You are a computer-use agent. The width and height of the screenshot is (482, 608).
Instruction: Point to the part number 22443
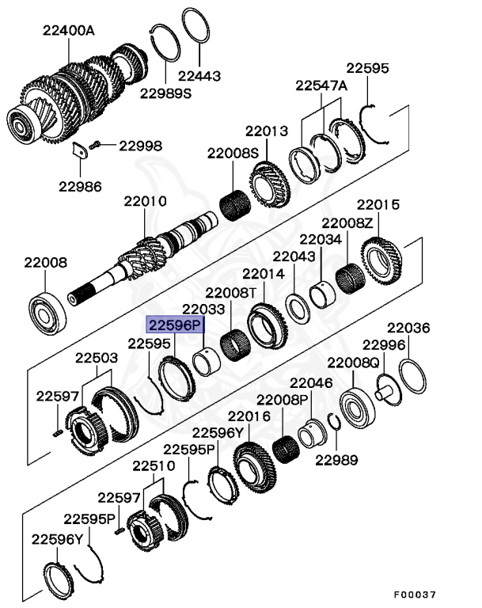[199, 76]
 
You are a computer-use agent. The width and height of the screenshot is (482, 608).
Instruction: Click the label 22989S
[166, 93]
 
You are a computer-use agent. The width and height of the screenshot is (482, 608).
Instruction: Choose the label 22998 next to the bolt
[140, 146]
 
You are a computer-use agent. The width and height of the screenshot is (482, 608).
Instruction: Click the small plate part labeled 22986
[79, 150]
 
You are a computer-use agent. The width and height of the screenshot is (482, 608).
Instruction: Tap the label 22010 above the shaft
[145, 202]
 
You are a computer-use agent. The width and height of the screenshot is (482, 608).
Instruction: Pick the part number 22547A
[321, 85]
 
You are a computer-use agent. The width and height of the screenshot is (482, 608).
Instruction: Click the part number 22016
[249, 416]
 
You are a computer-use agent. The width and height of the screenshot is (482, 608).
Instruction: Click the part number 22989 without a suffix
[336, 459]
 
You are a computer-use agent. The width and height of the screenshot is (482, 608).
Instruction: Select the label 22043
[294, 256]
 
